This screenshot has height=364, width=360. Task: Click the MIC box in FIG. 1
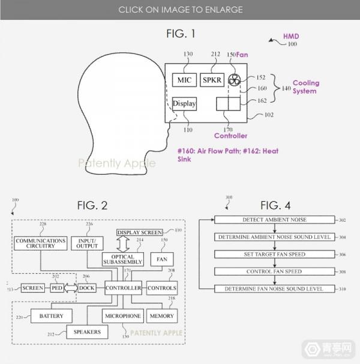pos(182,80)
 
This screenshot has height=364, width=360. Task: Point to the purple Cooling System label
pos(306,87)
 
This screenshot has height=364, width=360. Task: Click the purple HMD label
pos(291,37)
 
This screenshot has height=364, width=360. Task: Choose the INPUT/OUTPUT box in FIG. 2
pos(88,243)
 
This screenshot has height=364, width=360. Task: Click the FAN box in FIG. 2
pos(161,259)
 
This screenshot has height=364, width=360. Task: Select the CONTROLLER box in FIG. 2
pos(123,288)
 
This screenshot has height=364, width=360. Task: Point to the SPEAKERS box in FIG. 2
pos(88,331)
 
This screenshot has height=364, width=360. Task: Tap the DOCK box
pos(86,288)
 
